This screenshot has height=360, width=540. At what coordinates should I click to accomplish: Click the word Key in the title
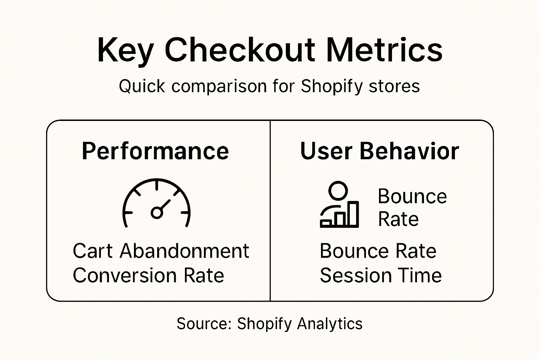tap(125, 51)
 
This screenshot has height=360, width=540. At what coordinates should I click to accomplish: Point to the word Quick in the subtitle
tap(142, 86)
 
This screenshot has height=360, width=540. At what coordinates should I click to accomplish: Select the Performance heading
tap(155, 151)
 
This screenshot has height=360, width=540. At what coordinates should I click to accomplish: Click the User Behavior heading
tap(379, 151)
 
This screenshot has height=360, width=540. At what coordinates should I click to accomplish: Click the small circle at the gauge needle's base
tap(156, 212)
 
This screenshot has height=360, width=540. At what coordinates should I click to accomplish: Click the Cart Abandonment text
tap(161, 251)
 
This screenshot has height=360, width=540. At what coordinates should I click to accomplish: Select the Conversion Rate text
tap(148, 275)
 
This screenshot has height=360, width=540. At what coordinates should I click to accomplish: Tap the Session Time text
tap(380, 275)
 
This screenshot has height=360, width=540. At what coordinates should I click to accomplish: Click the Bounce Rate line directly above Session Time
tap(378, 251)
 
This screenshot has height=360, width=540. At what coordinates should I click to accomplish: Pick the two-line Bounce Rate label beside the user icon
tap(412, 207)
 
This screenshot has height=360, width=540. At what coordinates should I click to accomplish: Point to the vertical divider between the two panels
tap(270, 211)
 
